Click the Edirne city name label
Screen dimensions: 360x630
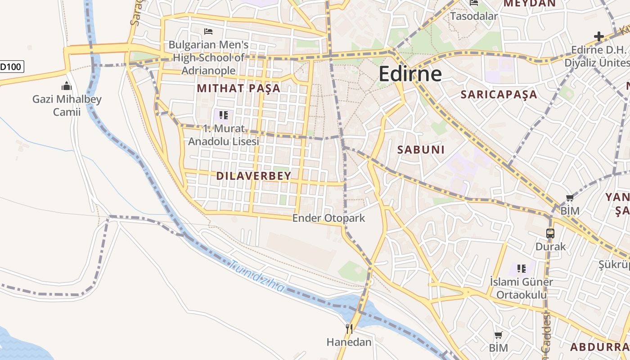click(410, 74)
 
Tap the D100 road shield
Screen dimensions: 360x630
click(11, 67)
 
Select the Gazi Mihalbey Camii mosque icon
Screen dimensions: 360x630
click(67, 85)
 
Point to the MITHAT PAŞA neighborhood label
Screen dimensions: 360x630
click(238, 88)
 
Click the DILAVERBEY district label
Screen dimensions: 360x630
click(254, 176)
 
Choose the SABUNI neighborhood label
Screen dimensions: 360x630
click(421, 150)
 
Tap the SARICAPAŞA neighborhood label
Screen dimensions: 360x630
click(499, 94)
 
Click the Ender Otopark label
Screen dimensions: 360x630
click(328, 218)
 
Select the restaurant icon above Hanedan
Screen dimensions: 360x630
click(349, 329)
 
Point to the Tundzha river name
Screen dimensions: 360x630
click(256, 276)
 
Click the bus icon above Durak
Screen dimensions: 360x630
click(550, 234)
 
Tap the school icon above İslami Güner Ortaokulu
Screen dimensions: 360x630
click(522, 269)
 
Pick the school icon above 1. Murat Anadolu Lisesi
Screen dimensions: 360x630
click(224, 115)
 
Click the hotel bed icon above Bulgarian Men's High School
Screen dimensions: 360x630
click(208, 31)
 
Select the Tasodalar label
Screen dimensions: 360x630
click(474, 16)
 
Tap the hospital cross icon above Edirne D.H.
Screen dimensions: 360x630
click(598, 36)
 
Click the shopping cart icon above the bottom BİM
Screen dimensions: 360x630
click(498, 335)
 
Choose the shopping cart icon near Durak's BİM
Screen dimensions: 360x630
click(570, 198)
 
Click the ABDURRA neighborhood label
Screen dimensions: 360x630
click(599, 347)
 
